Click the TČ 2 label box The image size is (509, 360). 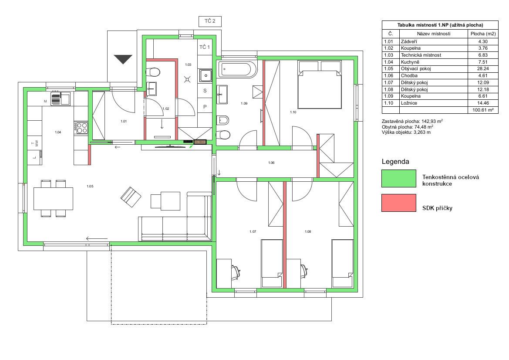point(210,21)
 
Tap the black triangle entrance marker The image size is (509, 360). point(123,59)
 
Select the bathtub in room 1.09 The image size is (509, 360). point(236,69)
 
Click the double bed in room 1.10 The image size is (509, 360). point(320,85)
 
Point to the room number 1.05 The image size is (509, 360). point(90,186)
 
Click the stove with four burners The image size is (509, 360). point(81,127)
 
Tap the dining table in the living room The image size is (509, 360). point(53,198)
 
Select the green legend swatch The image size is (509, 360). point(399,178)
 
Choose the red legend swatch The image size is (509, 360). point(399,203)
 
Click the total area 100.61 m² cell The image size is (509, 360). point(483,110)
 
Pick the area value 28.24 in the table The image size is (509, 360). point(483,68)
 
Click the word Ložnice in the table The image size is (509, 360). point(409,103)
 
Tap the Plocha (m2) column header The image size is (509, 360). point(483,34)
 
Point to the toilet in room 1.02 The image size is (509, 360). point(153,71)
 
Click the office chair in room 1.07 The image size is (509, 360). point(236,272)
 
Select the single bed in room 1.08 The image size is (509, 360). point(343,264)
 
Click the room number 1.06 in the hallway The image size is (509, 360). point(271,163)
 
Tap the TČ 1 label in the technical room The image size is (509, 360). point(205,47)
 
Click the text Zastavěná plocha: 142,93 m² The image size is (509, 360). point(412,121)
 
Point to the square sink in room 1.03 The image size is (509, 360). point(206,76)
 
